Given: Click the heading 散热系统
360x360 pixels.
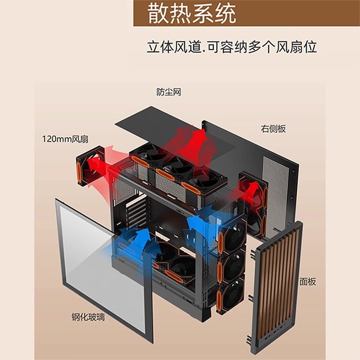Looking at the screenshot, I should coord(192,14).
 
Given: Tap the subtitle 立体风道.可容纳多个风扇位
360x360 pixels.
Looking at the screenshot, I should coord(231,47).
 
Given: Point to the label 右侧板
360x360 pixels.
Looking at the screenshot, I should coord(273,129).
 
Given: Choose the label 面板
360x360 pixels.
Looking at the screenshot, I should coord(308,282).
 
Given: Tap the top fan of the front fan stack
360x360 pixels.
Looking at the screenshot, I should coord(232,236).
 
